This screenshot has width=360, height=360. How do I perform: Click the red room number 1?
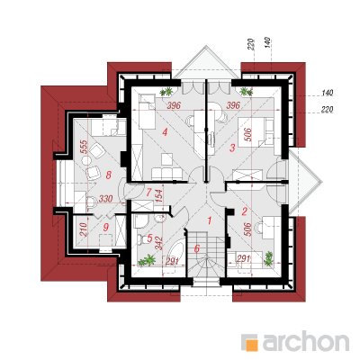(210, 220)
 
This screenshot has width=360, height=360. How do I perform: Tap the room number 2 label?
(244, 211)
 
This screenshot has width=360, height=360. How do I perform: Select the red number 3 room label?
(232, 148)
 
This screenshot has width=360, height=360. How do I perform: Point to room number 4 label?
(165, 131)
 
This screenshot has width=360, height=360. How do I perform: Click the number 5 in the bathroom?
(150, 238)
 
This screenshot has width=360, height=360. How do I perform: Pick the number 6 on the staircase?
(197, 248)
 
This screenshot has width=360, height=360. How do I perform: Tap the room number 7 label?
(148, 193)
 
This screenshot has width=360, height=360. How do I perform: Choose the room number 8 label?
(109, 175)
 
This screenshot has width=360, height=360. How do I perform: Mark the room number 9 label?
(105, 228)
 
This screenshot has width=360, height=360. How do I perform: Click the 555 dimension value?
(85, 147)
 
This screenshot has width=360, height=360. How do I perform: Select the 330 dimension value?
(105, 199)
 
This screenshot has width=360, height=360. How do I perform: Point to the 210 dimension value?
(84, 229)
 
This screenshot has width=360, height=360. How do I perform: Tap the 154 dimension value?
(159, 195)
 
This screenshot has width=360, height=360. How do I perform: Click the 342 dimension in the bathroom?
(158, 244)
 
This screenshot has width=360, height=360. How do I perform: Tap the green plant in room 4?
(166, 91)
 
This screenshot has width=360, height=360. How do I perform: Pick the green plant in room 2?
(268, 259)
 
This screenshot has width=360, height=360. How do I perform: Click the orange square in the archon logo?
(253, 345)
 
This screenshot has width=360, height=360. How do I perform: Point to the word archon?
(306, 341)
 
